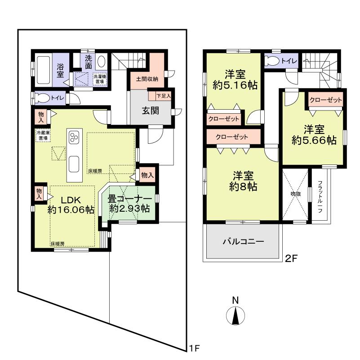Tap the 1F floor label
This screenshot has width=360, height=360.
click(194, 347)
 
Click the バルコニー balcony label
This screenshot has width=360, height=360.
click(243, 241)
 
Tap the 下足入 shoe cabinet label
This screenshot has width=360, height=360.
click(163, 96)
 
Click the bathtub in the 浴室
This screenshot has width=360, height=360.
click(44, 69)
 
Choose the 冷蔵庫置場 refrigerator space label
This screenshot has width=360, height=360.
click(44, 135)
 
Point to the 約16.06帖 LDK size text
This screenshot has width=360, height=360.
click(71, 209)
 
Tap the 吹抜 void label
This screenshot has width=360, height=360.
click(295, 194)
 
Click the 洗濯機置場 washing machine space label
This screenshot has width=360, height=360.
click(100, 79)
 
